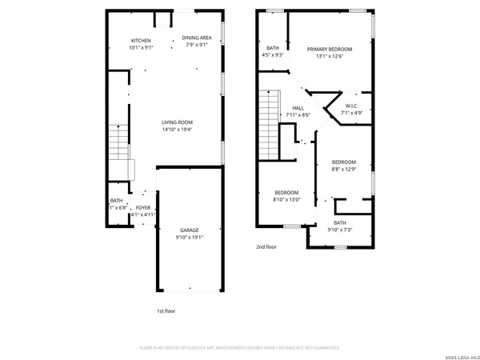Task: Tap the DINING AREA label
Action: point(197,38)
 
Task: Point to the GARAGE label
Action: point(189,230)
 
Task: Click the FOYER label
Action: point(142,207)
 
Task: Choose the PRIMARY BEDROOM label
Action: point(330,49)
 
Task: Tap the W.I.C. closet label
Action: point(351,106)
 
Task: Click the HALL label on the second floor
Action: point(298,108)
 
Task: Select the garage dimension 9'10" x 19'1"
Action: point(189,237)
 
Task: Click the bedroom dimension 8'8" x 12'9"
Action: point(344,169)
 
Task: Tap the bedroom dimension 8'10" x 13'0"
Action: point(286,200)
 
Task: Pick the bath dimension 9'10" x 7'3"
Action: point(340,230)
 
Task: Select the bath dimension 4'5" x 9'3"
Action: point(274,55)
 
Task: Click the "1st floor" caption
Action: point(166,310)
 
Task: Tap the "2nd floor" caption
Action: point(266,247)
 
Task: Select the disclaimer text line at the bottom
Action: point(239,348)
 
